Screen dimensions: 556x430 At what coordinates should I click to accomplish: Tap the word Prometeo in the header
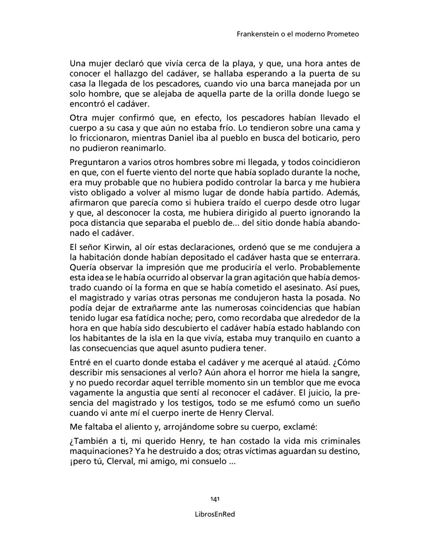pyautogui.click(x=342, y=34)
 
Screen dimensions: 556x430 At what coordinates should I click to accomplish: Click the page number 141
pyautogui.click(x=215, y=499)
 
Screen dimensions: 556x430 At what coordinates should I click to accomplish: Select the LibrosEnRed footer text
pyautogui.click(x=215, y=514)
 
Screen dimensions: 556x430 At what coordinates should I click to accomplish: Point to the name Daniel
pyautogui.click(x=182, y=138)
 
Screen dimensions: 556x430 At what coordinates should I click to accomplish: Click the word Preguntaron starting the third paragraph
pyautogui.click(x=95, y=162)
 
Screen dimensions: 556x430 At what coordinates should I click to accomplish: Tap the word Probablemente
pyautogui.click(x=331, y=267)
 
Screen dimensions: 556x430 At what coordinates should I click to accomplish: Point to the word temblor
pyautogui.click(x=276, y=383)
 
